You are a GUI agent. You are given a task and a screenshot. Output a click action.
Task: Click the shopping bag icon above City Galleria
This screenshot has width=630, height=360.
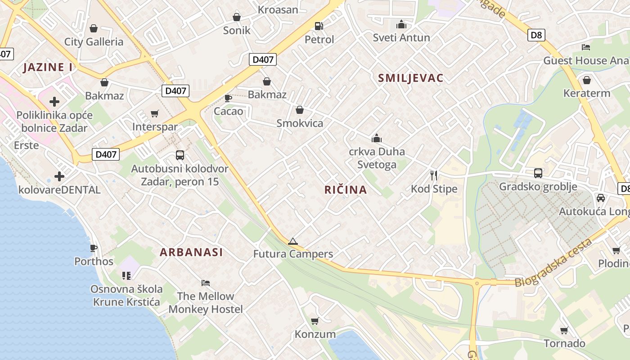click(94, 28)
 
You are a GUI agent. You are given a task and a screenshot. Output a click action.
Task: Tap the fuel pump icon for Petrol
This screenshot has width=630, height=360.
click(319, 26)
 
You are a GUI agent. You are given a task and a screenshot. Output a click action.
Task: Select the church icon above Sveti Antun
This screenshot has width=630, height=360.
click(401, 24)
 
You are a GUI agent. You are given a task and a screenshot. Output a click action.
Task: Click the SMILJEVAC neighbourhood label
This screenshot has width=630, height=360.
click(410, 78)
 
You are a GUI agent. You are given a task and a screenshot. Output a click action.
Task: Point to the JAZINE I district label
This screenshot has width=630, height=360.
click(48, 67)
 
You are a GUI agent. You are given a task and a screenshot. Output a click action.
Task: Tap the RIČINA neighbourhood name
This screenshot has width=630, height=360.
click(346, 190)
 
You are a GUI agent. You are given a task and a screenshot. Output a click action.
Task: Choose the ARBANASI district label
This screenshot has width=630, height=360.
click(191, 252)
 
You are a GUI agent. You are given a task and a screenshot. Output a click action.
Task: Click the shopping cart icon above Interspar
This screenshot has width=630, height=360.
click(155, 113)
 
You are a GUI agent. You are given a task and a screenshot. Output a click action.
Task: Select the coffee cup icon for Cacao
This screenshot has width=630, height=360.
click(228, 98)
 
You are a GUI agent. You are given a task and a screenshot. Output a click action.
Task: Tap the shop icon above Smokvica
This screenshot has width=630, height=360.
click(300, 110)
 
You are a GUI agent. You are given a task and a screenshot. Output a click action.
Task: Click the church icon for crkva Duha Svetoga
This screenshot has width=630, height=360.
click(377, 138)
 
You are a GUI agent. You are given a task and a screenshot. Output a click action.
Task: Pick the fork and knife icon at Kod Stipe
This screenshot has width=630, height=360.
click(434, 175)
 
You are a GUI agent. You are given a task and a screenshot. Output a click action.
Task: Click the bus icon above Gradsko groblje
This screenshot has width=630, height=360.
click(538, 173)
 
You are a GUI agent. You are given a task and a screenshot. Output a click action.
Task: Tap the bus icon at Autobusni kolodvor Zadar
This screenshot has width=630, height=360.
click(180, 155)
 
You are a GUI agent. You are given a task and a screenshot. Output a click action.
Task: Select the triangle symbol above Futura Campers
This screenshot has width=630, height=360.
click(293, 241)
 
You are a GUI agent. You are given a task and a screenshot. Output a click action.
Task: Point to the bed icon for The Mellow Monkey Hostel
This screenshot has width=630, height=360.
click(206, 283)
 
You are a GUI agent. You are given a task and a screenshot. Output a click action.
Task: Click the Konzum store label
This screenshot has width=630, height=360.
click(315, 334)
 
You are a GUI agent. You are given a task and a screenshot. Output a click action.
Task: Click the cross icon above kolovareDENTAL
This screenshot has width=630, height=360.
click(59, 176)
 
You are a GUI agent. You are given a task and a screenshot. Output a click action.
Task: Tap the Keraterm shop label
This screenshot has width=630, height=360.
click(587, 93)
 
